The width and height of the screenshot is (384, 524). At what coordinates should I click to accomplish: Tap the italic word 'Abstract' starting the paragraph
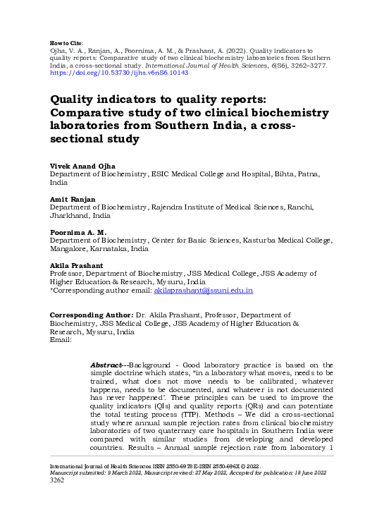tap(106, 364)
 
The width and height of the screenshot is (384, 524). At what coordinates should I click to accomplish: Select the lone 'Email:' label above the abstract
tap(61, 339)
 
